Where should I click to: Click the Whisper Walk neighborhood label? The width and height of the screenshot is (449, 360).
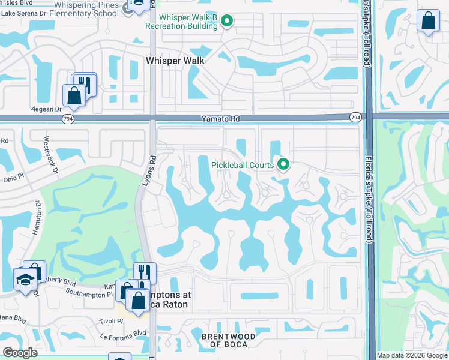point(175,61)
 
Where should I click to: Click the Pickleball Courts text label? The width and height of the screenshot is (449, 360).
point(243,165)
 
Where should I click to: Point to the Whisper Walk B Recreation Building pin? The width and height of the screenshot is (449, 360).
point(226,22)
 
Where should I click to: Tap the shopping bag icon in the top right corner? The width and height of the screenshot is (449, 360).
point(428,21)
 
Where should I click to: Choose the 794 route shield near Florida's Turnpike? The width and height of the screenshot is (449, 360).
point(355,118)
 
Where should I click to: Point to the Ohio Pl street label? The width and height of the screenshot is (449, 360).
point(13,178)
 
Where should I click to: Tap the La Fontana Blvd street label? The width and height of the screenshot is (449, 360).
point(123,333)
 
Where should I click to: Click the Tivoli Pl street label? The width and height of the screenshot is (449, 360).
point(111,321)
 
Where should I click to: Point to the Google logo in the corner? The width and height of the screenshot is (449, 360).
point(20,353)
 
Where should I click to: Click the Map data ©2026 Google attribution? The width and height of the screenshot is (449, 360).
point(412,355)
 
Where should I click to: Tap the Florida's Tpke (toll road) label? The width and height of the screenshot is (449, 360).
point(369,203)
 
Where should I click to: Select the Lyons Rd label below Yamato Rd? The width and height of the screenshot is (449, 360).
point(143,174)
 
